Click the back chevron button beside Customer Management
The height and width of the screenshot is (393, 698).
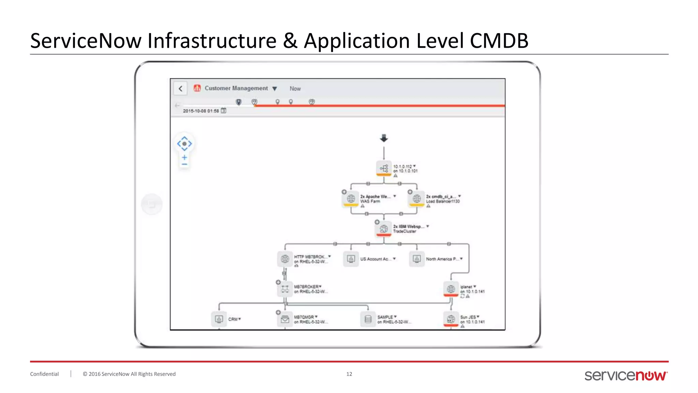tap(180, 89)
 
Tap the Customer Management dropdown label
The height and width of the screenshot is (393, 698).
tap(236, 88)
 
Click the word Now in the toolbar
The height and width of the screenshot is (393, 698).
tap(295, 89)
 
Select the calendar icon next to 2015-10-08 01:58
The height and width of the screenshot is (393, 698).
tap(224, 111)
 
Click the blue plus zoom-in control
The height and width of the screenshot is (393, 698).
tap(184, 158)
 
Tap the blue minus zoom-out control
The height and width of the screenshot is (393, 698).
tap(184, 164)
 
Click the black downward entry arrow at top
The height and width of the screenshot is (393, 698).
tap(384, 138)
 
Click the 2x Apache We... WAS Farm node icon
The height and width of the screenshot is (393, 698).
tap(351, 199)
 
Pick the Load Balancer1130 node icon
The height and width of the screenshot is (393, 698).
tap(416, 199)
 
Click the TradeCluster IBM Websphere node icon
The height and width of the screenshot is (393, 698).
tap(384, 229)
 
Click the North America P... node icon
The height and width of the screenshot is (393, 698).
tap(416, 259)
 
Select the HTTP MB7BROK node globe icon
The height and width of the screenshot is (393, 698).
tap(285, 259)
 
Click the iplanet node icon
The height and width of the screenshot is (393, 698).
tap(451, 289)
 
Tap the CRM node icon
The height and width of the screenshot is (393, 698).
tap(219, 319)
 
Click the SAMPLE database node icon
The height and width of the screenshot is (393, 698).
tap(368, 319)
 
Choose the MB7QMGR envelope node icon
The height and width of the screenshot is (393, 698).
tap(285, 319)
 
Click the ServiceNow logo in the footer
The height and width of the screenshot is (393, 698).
tap(626, 375)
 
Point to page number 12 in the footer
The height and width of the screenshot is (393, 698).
tap(349, 374)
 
